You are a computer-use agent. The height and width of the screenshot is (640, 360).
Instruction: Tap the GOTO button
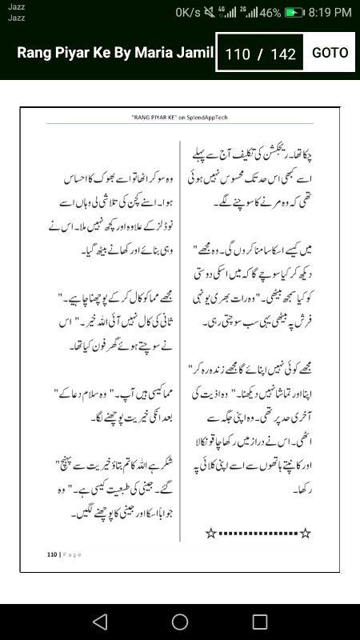[x=330, y=53]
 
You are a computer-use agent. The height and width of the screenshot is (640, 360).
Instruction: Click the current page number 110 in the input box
[x=238, y=54]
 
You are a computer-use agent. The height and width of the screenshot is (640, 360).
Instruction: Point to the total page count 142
[x=283, y=54]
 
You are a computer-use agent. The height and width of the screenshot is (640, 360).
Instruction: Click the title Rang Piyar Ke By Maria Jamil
[x=115, y=53]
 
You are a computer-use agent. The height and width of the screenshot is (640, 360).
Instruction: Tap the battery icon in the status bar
[x=295, y=13]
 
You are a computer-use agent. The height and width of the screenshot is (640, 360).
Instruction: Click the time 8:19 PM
[x=330, y=13]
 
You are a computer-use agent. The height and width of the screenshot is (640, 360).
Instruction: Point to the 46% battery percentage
[x=270, y=13]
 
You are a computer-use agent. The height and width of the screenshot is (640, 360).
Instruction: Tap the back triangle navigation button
[x=99, y=622]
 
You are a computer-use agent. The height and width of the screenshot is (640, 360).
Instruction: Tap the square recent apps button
[x=260, y=622]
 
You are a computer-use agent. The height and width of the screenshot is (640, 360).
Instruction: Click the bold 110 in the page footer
[x=52, y=554]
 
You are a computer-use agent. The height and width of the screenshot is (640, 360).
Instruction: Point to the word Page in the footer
[x=71, y=554]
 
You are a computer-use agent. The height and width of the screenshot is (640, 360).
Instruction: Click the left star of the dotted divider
[x=211, y=532]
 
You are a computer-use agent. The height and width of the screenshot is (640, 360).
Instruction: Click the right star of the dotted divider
[x=304, y=532]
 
